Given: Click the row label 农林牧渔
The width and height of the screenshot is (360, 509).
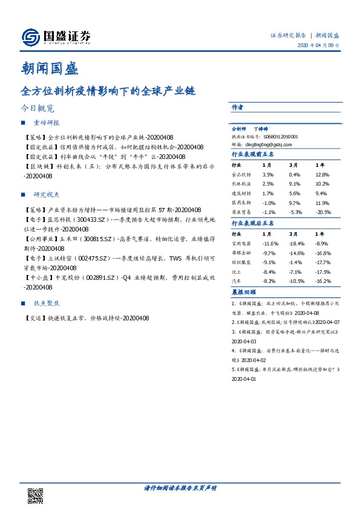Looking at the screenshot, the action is [x=240, y=184].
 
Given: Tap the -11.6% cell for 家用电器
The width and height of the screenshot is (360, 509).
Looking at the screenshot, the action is [x=270, y=242].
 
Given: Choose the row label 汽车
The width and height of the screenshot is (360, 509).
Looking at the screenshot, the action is [x=237, y=281].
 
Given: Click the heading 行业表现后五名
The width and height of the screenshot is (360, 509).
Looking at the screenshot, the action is [x=253, y=223].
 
